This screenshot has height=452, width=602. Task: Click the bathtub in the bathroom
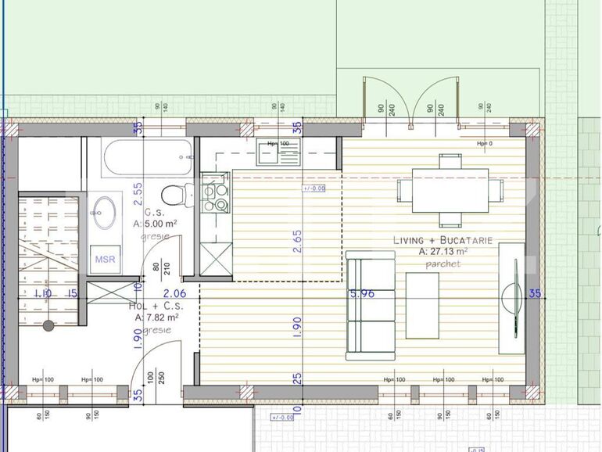pyautogui.click(x=146, y=159)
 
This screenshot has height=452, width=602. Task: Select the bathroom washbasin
pyautogui.click(x=103, y=211)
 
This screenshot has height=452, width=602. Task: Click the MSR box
pyautogui.click(x=104, y=259)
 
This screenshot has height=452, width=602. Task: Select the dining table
pyautogui.click(x=450, y=190)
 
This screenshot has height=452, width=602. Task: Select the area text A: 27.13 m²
pyautogui.click(x=443, y=252)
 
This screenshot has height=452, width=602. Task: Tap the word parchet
pyautogui.click(x=443, y=264)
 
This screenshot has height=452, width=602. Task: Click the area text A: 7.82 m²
pyautogui.click(x=156, y=317)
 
